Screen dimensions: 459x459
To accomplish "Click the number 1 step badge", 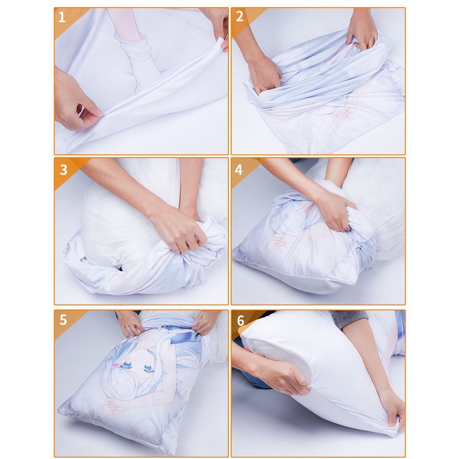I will coord(62,17).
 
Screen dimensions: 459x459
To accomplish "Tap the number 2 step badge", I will coord(239,17).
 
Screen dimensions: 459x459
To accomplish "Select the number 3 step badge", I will coord(63,169).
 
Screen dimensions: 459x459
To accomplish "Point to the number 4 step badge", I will coord(239,169).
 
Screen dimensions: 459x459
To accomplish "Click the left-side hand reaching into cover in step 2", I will coord(264,73).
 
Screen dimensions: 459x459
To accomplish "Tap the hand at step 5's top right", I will coord(205,321).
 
